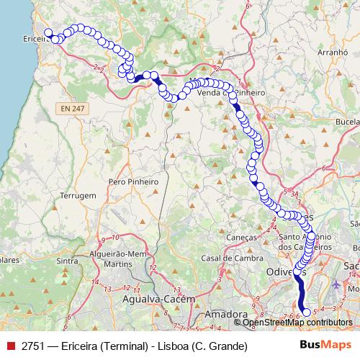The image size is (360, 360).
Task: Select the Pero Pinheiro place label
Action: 132,182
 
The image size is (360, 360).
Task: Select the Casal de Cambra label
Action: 225,258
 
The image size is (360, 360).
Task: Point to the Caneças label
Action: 241,237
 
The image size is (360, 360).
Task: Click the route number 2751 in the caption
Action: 33,346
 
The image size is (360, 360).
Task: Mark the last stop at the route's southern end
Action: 306,312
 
